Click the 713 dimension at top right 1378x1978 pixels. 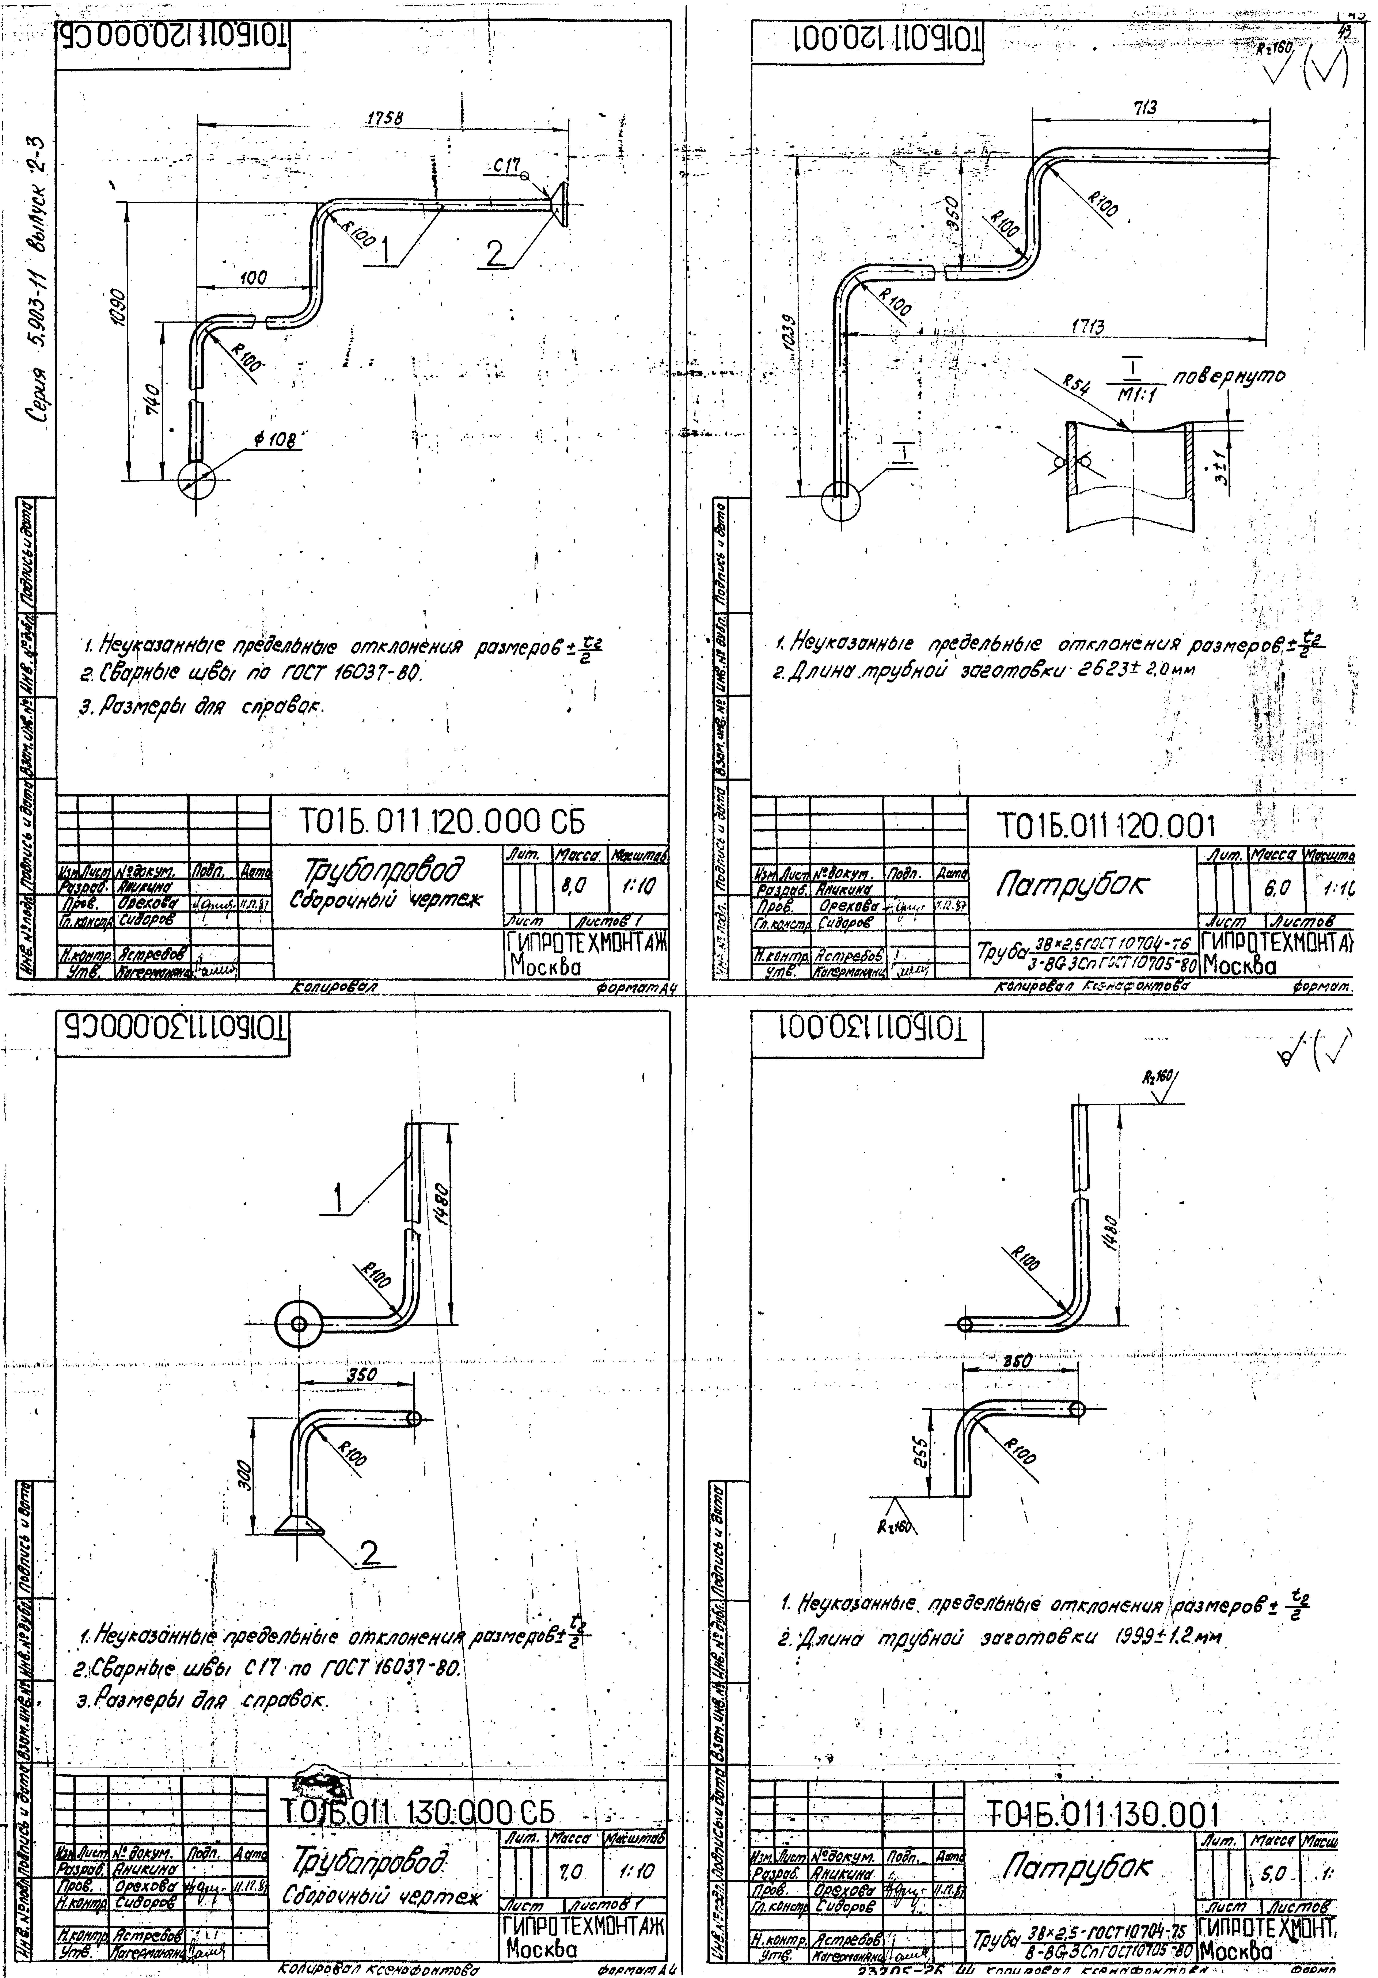1146,107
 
